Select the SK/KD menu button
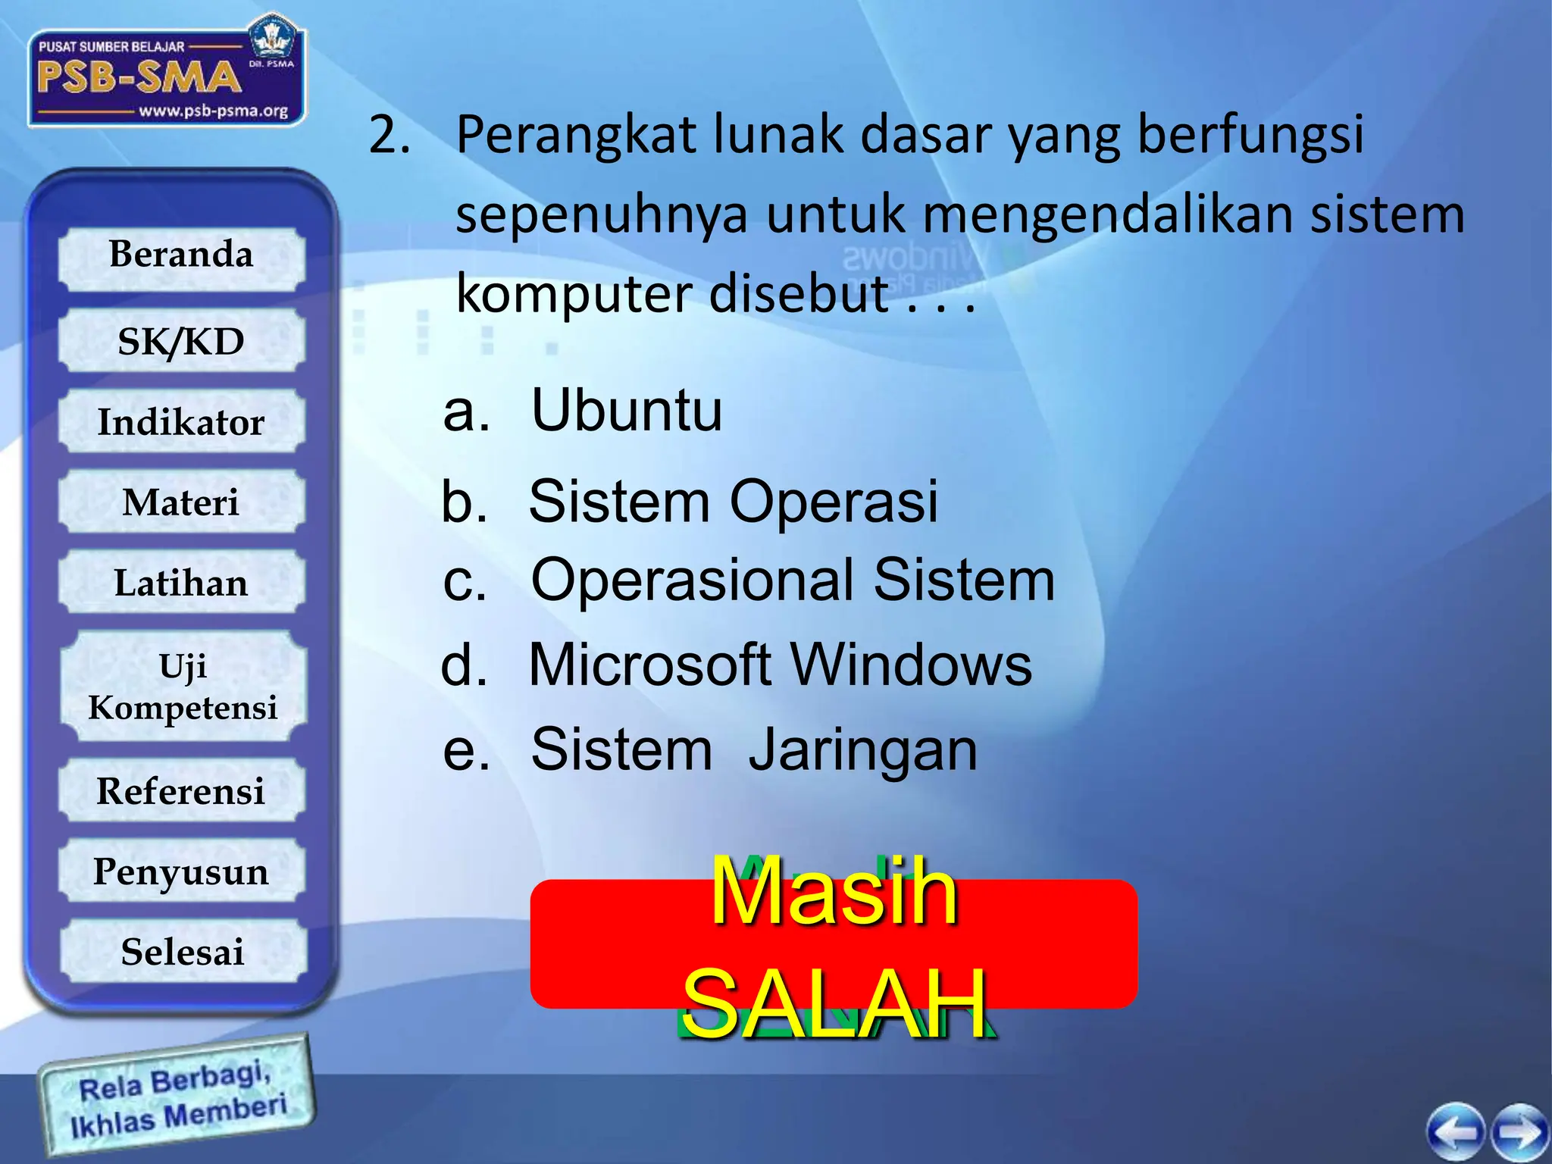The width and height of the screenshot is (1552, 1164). [182, 342]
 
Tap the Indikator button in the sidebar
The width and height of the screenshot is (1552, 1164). [182, 422]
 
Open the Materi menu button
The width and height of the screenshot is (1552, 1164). [182, 502]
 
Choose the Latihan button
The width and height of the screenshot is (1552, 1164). [182, 583]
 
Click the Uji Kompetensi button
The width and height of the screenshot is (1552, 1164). [182, 687]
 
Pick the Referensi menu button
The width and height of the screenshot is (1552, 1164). [182, 791]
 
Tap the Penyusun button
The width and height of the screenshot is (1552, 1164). [182, 871]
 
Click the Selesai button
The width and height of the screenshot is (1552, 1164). [182, 952]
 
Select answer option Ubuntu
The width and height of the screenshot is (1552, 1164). [626, 410]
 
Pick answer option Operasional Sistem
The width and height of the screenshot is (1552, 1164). [792, 580]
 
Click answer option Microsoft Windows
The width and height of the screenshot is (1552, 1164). [780, 665]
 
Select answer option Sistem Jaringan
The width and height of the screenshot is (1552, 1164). [753, 749]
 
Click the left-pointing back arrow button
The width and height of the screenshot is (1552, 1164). [1456, 1132]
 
